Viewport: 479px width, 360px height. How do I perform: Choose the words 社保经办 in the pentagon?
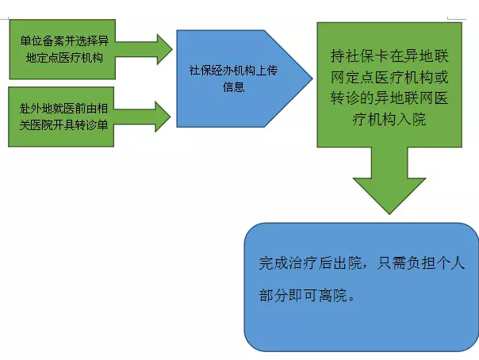(208, 70)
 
